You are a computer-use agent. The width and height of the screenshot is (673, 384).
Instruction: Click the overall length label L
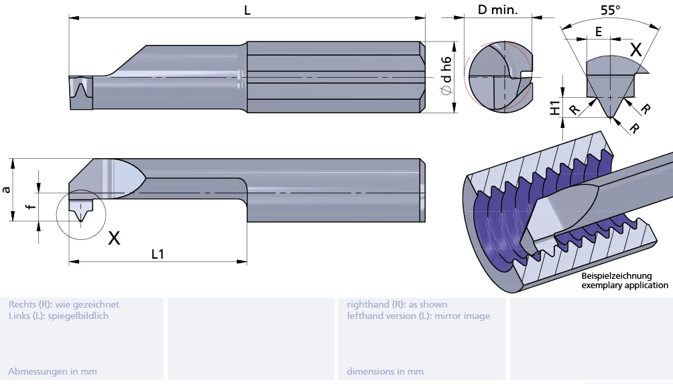[247, 10]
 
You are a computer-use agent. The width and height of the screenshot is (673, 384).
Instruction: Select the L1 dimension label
[158, 254]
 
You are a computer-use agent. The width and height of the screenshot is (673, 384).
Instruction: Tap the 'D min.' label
[497, 10]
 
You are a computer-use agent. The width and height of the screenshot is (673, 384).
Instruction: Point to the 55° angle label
[610, 10]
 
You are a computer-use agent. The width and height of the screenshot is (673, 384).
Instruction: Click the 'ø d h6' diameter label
[446, 78]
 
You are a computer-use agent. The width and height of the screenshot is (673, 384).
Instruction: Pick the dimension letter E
[598, 31]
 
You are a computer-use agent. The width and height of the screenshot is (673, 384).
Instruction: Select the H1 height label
[555, 107]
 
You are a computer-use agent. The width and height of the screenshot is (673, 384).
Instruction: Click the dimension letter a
[7, 190]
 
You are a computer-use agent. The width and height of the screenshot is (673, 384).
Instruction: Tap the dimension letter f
[29, 206]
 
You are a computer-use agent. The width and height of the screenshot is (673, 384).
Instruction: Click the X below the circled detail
[114, 237]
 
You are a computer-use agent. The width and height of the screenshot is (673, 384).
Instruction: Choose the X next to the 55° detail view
[635, 49]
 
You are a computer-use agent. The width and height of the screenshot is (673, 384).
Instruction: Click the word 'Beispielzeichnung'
[616, 276]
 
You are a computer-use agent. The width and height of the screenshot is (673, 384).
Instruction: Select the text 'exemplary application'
[624, 285]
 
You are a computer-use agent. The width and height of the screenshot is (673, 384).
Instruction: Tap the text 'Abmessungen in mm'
[52, 371]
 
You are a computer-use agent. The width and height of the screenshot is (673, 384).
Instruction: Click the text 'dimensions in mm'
[385, 371]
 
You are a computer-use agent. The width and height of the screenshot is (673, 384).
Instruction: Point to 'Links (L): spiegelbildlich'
[58, 316]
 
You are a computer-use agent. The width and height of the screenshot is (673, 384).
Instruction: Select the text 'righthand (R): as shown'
[397, 304]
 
